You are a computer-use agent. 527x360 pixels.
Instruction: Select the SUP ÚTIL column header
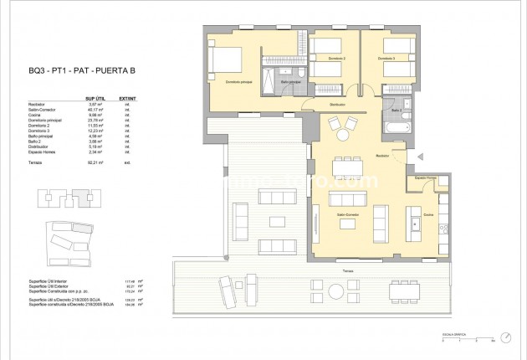click(x=105, y=97)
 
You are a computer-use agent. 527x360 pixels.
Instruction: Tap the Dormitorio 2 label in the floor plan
click(x=336, y=59)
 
